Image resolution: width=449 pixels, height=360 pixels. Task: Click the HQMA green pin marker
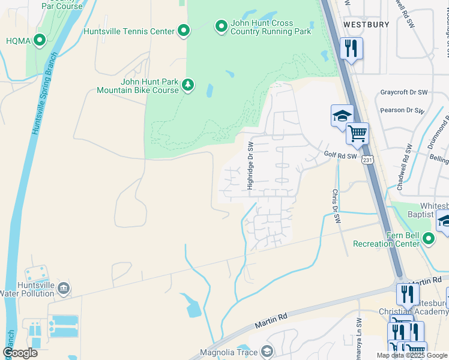(x=40, y=40)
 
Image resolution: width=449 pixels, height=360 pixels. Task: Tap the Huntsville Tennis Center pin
(x=184, y=31)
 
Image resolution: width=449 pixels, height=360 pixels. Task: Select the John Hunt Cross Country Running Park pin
(x=221, y=26)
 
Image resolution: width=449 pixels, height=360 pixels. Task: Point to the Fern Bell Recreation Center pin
(x=428, y=239)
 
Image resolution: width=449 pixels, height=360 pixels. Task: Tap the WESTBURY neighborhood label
(x=366, y=25)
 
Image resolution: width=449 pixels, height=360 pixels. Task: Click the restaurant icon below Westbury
(x=351, y=48)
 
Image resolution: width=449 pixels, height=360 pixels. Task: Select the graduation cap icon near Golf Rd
(x=342, y=115)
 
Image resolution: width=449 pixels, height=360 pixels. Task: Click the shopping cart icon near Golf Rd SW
(x=357, y=133)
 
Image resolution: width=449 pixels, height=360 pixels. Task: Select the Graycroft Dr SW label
(x=404, y=93)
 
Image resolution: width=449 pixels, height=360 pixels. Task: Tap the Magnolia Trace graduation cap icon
(x=268, y=351)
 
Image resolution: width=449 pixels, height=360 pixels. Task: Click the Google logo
(x=20, y=353)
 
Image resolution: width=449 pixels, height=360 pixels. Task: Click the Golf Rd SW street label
(x=340, y=156)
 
